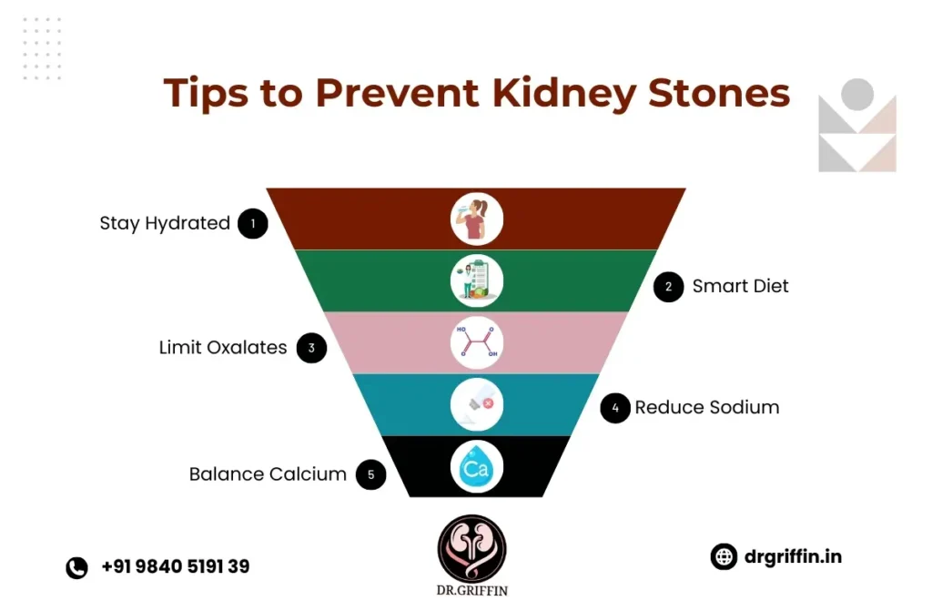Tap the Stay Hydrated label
pos(165,223)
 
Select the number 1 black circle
pos(253,223)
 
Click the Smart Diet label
pos(740,286)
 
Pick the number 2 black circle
pos(669,287)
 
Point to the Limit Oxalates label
pos(223,347)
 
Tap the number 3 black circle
pos(311,348)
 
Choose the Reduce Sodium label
pos(707,407)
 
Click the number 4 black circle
pos(615,408)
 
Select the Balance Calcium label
pos(268,474)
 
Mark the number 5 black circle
pos(370,474)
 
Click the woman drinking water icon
pos(476,219)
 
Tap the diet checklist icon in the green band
pos(476,281)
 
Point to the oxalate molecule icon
pos(476,343)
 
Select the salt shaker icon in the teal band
pos(476,405)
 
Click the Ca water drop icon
pos(476,467)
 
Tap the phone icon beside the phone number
pos(76,567)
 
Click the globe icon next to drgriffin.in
pos(724,556)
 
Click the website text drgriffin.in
pos(791,555)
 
